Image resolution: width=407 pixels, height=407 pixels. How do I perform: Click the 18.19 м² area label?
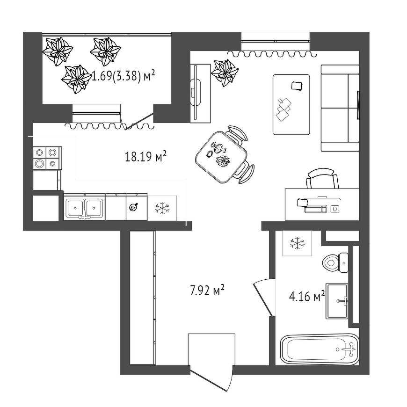[x=145, y=157]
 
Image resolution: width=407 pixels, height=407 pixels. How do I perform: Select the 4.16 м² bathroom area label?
[x=307, y=296]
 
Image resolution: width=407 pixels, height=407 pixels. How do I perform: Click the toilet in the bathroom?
[x=335, y=262]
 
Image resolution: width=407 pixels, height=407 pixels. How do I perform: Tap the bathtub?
[x=320, y=349]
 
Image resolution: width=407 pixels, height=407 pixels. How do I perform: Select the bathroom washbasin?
[x=337, y=301]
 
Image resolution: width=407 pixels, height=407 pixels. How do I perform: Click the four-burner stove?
[x=47, y=158]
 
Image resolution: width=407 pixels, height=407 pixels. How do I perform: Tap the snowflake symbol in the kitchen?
[x=162, y=208]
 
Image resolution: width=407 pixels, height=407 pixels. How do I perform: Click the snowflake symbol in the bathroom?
[x=297, y=243]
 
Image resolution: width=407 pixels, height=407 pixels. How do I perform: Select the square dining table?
[x=221, y=157]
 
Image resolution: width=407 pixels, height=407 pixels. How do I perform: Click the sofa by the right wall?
[x=340, y=108]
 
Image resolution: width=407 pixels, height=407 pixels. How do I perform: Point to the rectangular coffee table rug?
[x=291, y=105]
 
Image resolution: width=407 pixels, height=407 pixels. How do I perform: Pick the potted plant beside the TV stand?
[x=225, y=73]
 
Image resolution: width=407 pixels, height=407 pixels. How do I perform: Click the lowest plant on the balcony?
[x=75, y=79]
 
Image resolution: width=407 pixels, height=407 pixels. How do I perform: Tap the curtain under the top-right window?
[x=272, y=54]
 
